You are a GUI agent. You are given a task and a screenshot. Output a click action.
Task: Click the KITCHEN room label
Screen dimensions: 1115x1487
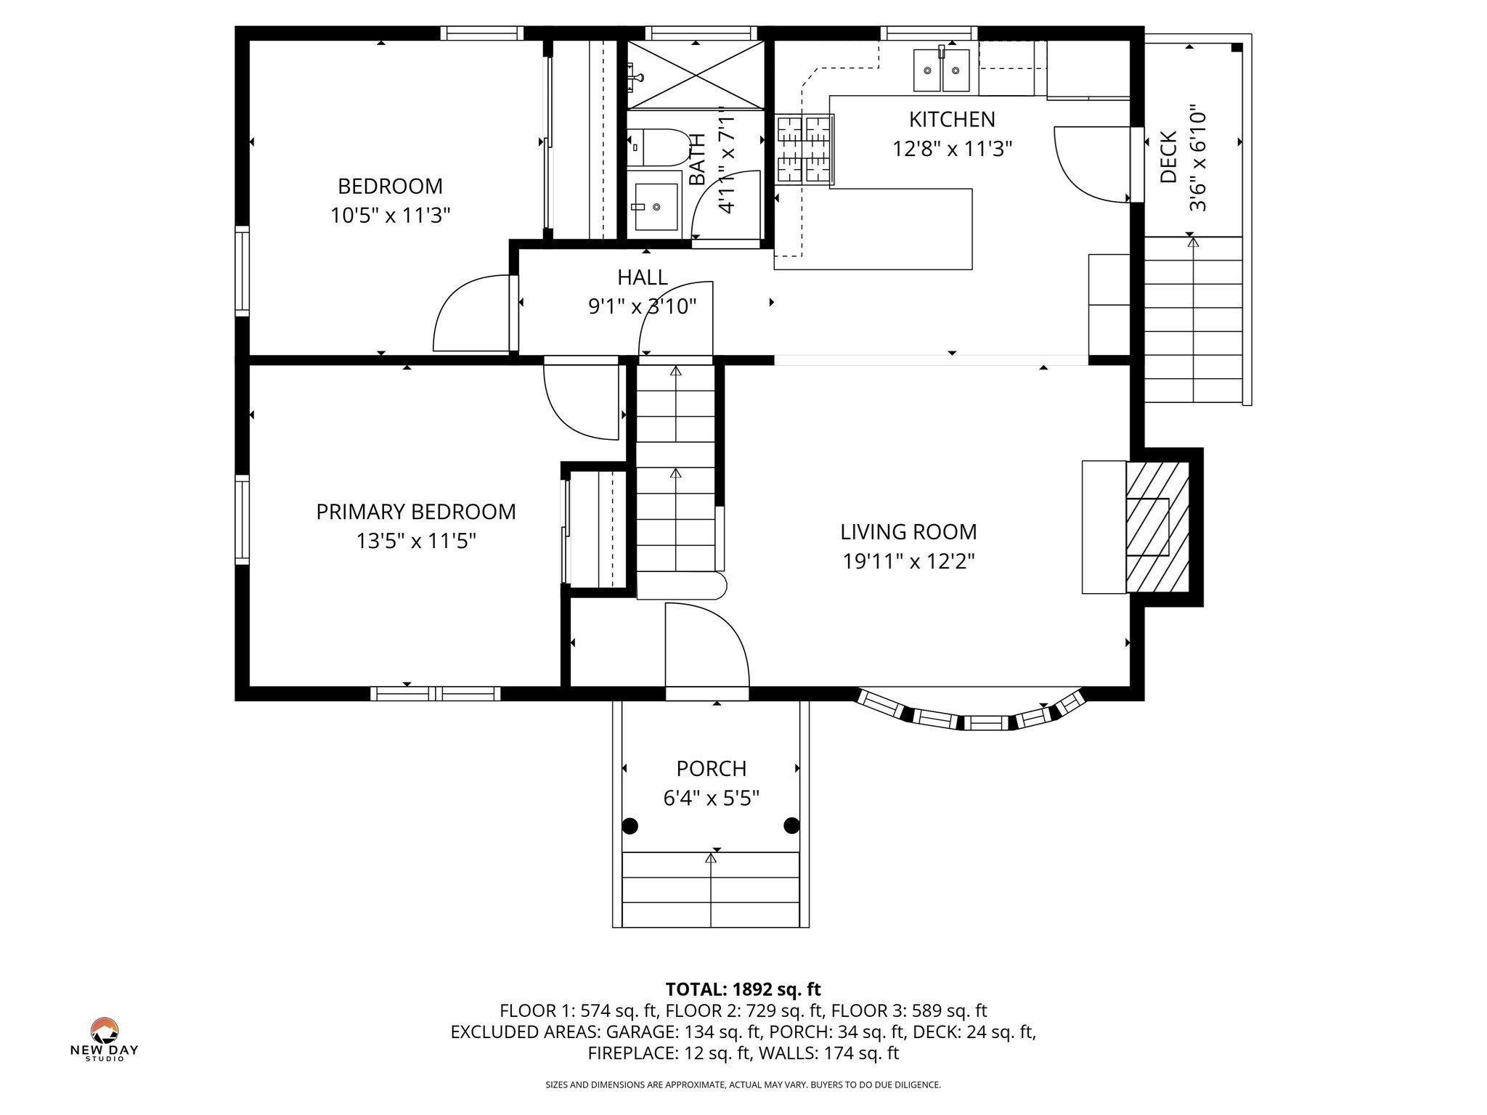951,119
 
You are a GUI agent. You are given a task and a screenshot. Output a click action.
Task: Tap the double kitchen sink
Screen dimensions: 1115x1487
941,70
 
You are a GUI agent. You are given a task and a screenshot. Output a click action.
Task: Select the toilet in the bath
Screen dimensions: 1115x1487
656,147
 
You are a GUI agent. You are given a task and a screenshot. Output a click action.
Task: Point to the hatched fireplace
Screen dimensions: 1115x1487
1157,527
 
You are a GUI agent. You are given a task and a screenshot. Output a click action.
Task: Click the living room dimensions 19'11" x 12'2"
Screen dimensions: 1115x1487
908,562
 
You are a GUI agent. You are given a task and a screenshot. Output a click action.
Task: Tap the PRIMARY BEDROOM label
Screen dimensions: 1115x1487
416,512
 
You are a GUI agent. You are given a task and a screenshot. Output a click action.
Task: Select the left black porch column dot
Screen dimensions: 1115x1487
630,825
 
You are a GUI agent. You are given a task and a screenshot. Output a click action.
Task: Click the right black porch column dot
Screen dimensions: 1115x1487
791,825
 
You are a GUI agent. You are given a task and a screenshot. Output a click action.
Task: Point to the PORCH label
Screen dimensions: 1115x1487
711,768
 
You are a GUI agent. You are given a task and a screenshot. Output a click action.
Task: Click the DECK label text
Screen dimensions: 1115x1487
1168,157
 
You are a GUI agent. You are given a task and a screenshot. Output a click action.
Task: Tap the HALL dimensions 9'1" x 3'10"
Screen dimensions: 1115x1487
642,307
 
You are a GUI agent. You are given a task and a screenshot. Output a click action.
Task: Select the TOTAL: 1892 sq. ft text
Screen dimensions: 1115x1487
743,989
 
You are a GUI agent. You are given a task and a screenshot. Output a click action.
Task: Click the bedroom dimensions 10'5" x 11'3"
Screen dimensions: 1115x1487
391,216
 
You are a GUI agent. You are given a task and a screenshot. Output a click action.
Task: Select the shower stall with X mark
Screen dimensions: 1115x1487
696,74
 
